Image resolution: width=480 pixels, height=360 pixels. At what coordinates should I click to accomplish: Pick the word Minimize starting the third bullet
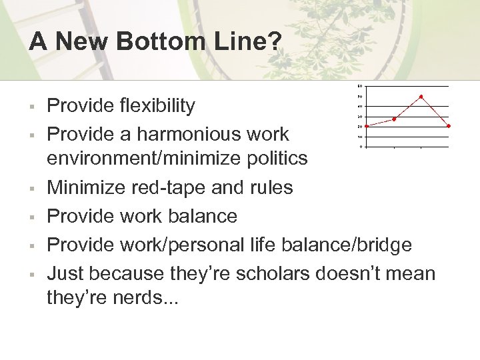pos(85,188)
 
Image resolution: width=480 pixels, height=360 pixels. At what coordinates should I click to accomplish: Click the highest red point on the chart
pos(421,97)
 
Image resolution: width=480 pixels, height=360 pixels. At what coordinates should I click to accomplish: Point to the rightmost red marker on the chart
pos(449,126)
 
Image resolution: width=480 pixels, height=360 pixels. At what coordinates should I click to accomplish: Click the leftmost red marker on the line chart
pos(367,126)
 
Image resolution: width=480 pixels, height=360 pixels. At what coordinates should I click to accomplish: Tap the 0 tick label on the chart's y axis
pos(361,147)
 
